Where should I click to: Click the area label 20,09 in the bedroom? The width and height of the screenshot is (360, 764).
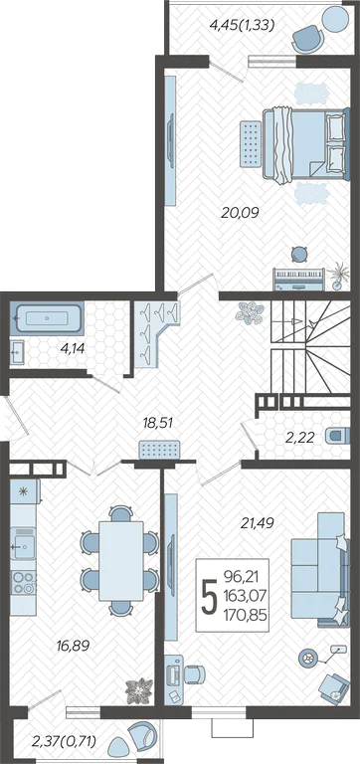point(240,212)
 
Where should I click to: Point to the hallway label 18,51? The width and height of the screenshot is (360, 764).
point(158,424)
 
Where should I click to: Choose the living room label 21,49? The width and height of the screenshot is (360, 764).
point(258,523)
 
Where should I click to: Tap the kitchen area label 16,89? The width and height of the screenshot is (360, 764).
point(73,646)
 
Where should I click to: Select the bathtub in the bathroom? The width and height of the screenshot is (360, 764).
point(47,318)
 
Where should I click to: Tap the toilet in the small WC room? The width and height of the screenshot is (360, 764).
point(337,435)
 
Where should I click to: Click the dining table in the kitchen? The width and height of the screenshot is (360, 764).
point(121,561)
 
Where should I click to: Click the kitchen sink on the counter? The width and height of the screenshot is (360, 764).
point(23,547)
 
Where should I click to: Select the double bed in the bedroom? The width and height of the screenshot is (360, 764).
point(306,145)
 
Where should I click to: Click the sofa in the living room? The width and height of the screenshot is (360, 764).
point(320,569)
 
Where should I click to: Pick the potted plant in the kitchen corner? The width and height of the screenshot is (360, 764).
point(139,689)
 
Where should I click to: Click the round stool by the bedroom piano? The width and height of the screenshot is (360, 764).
point(298,254)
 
